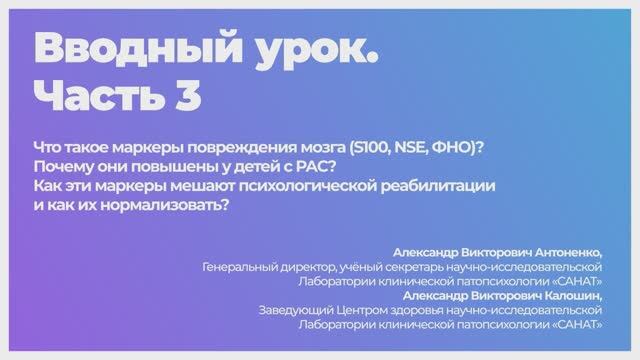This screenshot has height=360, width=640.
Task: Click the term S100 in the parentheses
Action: pyautogui.click(x=371, y=146)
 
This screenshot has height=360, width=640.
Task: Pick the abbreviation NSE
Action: pyautogui.click(x=414, y=146)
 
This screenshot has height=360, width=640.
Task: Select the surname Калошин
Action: pyautogui.click(x=568, y=296)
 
